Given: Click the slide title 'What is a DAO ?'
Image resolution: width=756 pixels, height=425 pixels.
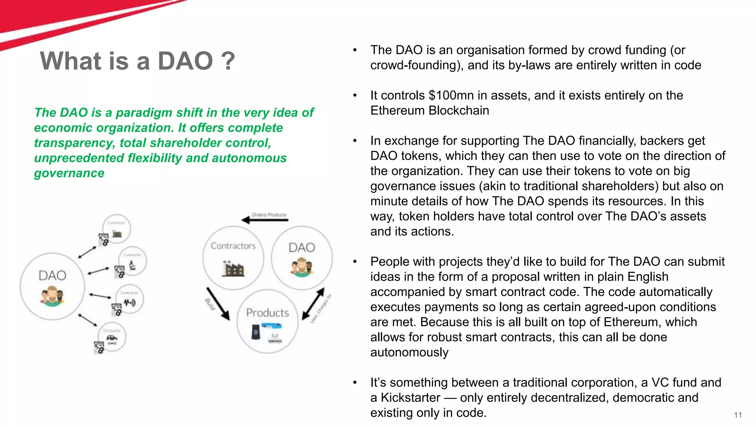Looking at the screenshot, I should (x=137, y=61).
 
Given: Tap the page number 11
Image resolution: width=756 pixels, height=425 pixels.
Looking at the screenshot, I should (x=738, y=415).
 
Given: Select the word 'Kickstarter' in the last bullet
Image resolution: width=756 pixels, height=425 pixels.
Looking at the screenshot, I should (x=410, y=398).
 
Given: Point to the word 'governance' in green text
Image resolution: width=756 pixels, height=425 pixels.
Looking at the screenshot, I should (x=69, y=173).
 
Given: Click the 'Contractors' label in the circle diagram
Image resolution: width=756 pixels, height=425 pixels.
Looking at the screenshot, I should (x=233, y=246).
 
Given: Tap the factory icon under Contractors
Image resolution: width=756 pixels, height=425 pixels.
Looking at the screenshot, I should (x=233, y=268).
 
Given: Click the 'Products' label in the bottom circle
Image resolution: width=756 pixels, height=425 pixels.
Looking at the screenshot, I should (x=267, y=313).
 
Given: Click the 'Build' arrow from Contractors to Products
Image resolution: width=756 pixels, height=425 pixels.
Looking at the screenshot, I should (x=218, y=304).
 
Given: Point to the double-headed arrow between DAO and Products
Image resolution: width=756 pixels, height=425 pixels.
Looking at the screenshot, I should (x=313, y=304).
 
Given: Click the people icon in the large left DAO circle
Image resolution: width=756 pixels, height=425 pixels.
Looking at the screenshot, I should (x=52, y=297).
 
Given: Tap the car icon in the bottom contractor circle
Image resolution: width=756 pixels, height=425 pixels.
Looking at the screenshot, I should (x=112, y=338).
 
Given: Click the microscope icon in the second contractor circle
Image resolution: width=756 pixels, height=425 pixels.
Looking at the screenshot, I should (x=132, y=265).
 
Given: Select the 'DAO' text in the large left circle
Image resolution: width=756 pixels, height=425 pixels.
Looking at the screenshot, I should (x=52, y=276).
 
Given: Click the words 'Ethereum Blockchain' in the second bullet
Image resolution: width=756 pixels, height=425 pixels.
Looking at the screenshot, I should (x=429, y=111).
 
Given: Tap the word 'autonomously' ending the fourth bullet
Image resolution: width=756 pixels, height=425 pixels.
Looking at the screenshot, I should (x=409, y=352).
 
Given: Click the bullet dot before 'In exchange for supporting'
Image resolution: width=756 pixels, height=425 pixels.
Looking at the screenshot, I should (x=355, y=141).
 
